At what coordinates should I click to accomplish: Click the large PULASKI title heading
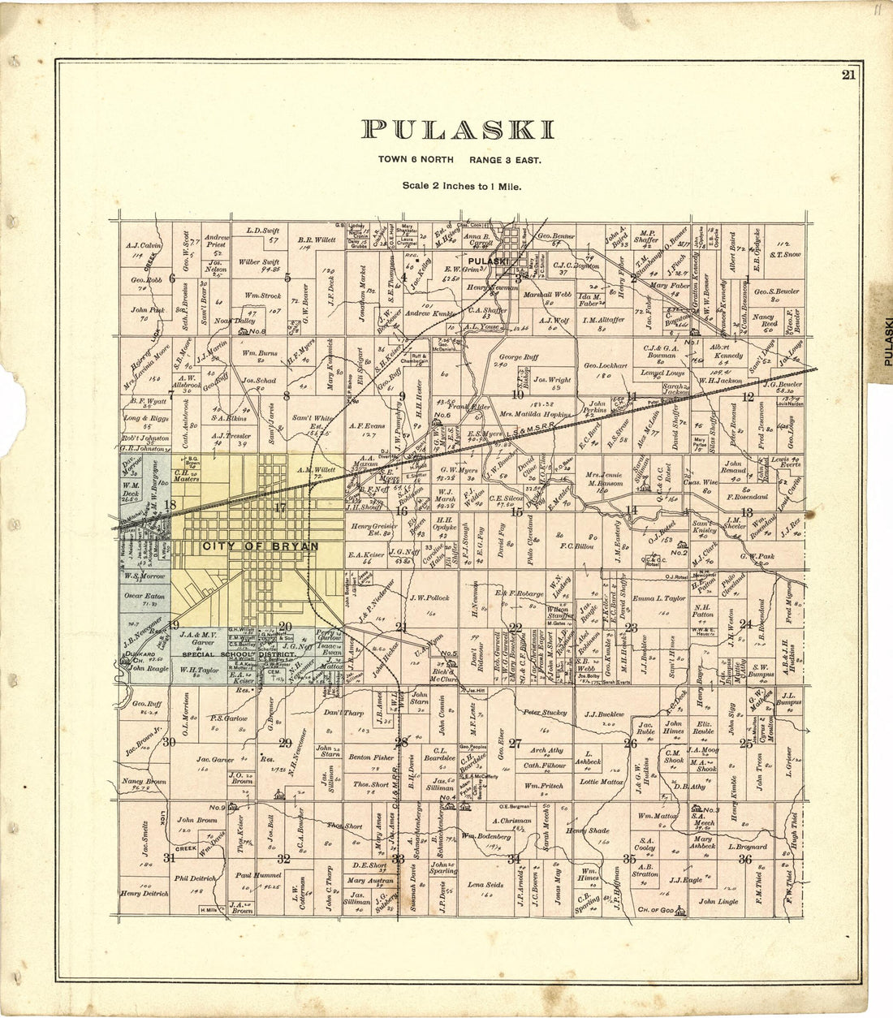point(459,130)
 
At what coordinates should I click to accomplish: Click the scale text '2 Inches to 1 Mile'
point(462,186)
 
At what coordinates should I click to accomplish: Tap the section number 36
point(744,859)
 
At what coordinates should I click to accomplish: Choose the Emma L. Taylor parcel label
point(658,598)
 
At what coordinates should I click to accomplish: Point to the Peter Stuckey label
point(545,713)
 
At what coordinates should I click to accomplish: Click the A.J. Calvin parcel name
point(145,244)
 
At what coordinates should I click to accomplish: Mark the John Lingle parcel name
point(718,901)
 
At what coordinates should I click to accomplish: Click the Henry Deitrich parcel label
point(143,893)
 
